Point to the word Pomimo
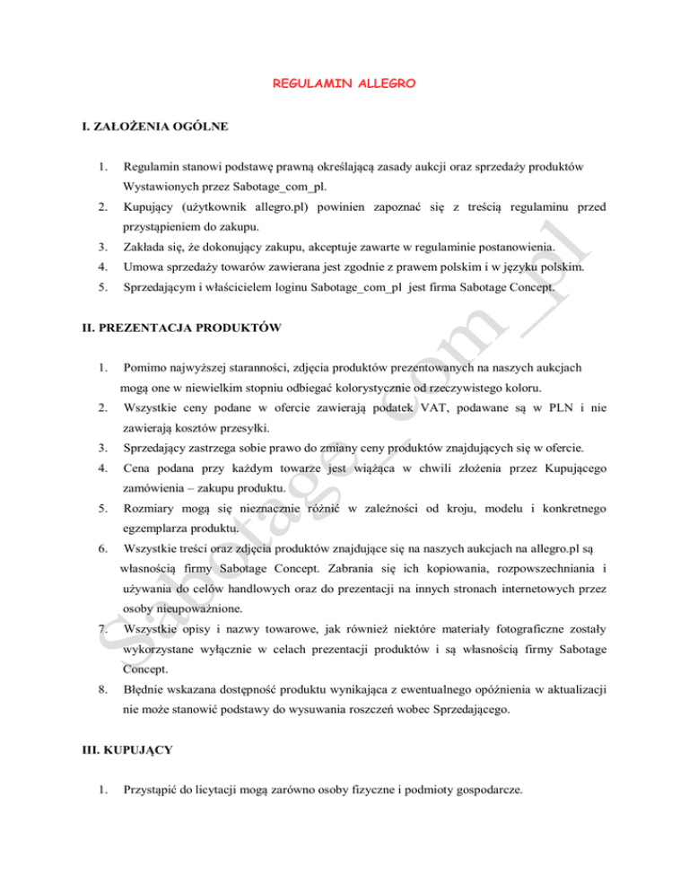pos(145,368)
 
